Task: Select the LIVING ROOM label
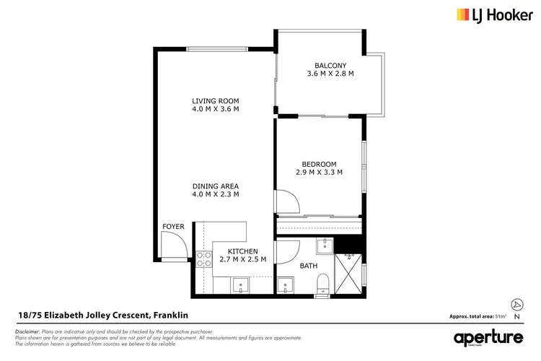coord(215,100)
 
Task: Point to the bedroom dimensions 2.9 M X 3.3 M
coord(320,172)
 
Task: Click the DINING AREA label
coord(215,186)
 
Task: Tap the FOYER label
coord(173,227)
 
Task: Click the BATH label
coord(309,266)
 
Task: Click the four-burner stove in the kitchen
coord(203,258)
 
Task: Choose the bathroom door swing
coord(287,252)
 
